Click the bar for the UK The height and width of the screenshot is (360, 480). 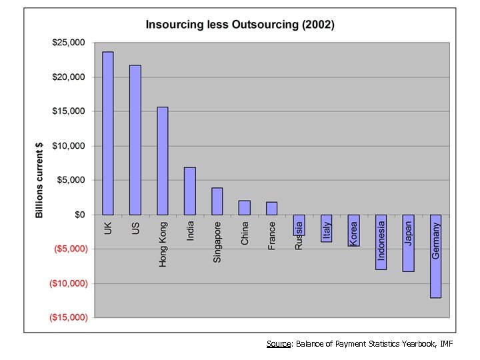108,133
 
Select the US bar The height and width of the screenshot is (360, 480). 135,140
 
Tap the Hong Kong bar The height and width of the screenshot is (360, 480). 163,161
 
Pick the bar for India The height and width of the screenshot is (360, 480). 190,191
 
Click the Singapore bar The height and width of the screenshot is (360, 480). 217,201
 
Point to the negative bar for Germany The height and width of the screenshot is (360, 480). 436,256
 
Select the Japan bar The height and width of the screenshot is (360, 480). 409,243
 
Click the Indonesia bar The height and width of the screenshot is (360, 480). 381,241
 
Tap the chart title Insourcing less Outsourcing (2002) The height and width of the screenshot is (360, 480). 241,25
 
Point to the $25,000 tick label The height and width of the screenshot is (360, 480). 69,43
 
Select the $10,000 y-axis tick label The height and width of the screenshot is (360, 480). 69,146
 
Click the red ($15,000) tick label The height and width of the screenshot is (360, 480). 69,317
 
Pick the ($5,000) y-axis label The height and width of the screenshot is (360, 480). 70,249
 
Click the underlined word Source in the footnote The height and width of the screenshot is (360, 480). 278,344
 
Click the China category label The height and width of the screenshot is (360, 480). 245,233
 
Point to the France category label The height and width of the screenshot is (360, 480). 272,235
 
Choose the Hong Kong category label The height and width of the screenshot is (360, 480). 163,245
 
